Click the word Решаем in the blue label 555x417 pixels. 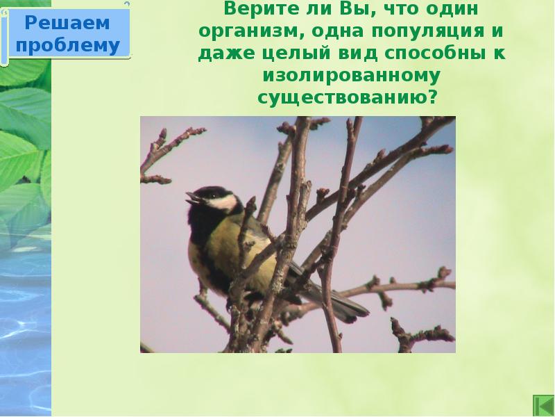67,23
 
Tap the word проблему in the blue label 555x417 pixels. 67,45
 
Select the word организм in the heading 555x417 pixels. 244,32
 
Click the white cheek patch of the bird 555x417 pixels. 223,202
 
